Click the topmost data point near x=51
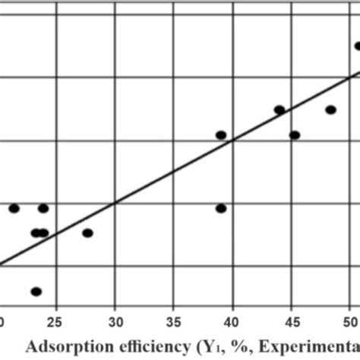click(358, 46)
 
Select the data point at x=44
click(279, 110)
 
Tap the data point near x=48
click(330, 110)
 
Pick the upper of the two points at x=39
click(221, 135)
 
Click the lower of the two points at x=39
click(221, 208)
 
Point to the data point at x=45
click(295, 135)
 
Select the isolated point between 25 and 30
click(87, 233)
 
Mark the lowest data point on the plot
click(36, 291)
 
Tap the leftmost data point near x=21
click(14, 208)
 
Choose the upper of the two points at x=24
click(43, 208)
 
